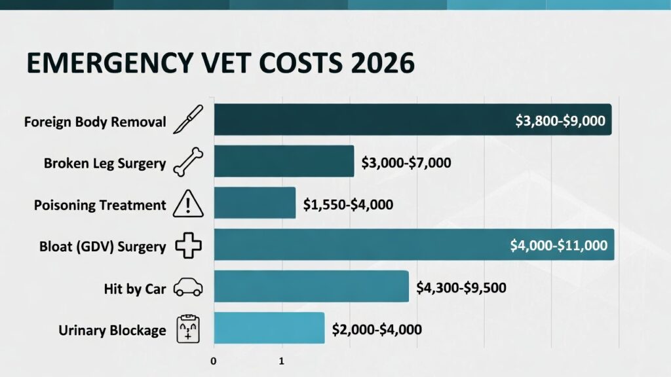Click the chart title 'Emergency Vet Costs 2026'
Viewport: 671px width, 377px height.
click(220, 64)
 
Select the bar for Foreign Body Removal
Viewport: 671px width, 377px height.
click(360, 120)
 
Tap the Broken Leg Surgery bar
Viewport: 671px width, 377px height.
click(284, 162)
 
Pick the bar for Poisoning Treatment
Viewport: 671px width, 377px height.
click(255, 204)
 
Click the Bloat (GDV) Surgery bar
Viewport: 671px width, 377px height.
click(360, 245)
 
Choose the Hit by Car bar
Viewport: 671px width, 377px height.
click(311, 287)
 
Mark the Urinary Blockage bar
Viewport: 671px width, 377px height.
click(269, 328)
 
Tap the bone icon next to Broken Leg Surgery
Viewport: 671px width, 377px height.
click(189, 163)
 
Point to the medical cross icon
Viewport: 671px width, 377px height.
click(189, 247)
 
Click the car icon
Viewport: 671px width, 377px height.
click(189, 288)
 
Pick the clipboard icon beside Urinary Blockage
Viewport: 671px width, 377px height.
click(189, 329)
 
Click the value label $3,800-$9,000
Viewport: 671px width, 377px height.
click(560, 121)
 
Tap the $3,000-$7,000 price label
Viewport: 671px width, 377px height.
click(406, 162)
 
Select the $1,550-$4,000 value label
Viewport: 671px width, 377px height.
click(348, 204)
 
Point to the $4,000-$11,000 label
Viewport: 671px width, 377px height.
click(559, 246)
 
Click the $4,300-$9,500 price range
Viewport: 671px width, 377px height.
click(461, 287)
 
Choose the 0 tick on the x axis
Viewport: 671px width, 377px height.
click(214, 361)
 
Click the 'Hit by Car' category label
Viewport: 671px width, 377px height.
click(135, 288)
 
